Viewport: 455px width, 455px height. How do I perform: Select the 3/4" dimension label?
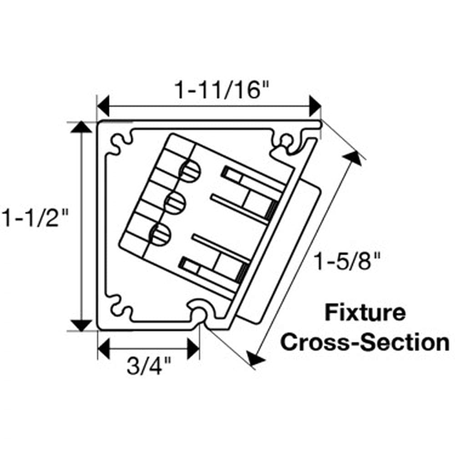(148, 367)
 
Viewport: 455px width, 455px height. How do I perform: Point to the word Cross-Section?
(364, 342)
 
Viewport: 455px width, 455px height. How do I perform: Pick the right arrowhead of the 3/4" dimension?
(193, 349)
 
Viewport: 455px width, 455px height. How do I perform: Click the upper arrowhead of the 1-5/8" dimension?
(351, 157)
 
